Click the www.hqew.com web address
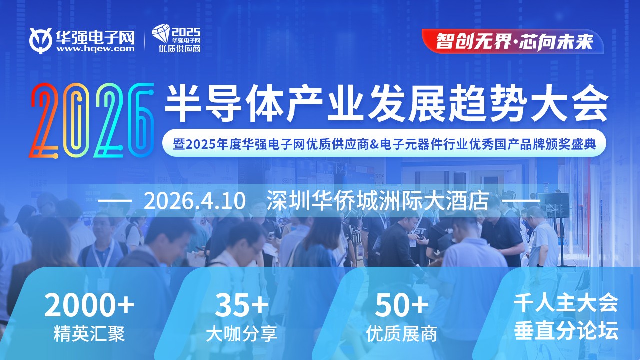(95, 49)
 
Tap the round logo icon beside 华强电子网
(41, 40)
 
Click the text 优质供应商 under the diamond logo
(179, 49)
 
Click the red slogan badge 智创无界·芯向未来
(514, 41)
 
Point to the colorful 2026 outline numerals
(91, 119)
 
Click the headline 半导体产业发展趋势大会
(386, 102)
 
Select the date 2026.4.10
(195, 201)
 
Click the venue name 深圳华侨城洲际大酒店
(377, 201)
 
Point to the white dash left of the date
(115, 201)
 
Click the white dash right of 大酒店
(520, 201)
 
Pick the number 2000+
(89, 306)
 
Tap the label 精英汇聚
(89, 333)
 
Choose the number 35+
(242, 306)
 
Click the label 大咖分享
(242, 333)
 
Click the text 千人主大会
(566, 303)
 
